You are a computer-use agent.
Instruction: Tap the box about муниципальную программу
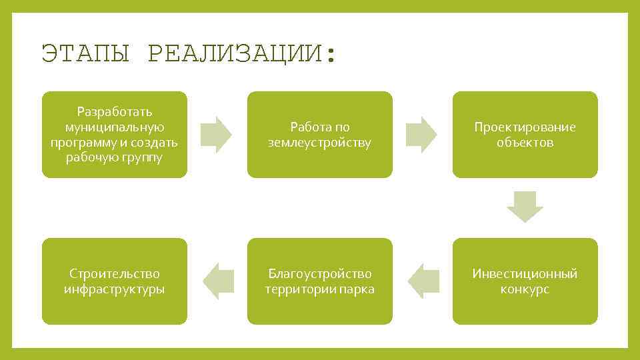pos(115,135)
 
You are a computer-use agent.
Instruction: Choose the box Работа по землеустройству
pos(320,135)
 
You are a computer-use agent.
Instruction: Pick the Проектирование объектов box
pos(525,135)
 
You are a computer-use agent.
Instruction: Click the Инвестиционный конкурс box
pos(525,281)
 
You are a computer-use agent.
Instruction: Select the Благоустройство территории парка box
pos(320,281)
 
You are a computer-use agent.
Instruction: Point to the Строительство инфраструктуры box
pos(115,281)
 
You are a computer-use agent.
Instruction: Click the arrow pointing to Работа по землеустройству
pos(217,135)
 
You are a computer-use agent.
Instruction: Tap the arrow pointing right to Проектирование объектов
pos(422,135)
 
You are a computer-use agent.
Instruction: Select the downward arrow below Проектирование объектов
pos(525,207)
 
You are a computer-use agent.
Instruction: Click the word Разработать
pos(115,111)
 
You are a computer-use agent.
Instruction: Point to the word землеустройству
pos(320,143)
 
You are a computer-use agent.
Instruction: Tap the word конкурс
pos(525,289)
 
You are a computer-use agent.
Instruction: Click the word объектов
pos(525,143)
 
